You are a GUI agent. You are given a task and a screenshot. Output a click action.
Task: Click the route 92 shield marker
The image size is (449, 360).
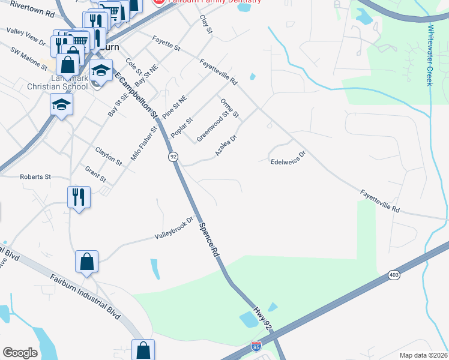(173, 157)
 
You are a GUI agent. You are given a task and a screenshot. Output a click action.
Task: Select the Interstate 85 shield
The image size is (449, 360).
(256, 346)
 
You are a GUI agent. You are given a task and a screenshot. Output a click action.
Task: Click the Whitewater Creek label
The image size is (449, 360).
(430, 55)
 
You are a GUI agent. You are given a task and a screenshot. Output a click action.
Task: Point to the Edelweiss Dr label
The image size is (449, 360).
(288, 157)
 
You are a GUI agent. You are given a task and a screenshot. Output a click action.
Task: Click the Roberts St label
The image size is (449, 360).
(35, 177)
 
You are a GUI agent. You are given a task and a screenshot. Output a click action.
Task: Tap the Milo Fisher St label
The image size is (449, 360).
(144, 143)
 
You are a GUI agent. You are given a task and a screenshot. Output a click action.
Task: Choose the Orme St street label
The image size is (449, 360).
(230, 107)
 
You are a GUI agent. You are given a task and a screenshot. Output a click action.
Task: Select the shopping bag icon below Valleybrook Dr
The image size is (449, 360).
(86, 262)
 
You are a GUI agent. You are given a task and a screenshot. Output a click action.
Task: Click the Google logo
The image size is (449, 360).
(20, 353)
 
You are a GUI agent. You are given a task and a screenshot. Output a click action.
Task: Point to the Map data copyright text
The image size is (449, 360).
(423, 355)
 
